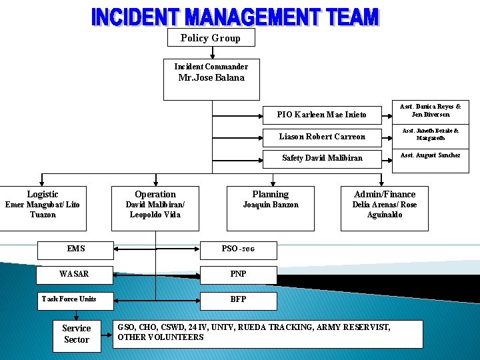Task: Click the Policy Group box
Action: tap(211, 38)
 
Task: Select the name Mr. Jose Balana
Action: tap(211, 78)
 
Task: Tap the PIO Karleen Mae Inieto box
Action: tap(322, 115)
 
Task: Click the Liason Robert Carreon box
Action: tap(322, 137)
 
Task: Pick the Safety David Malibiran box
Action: tap(322, 159)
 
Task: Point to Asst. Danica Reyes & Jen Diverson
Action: tap(430, 110)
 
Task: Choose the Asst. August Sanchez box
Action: tap(430, 155)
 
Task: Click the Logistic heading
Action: tap(43, 194)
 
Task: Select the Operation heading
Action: tap(155, 195)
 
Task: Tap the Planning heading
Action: tap(270, 195)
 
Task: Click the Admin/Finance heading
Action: tap(385, 195)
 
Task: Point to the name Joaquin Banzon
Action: tap(270, 205)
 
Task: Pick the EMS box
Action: tap(76, 249)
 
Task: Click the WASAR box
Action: tap(74, 274)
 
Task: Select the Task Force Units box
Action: tap(69, 299)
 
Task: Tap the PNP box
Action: tap(238, 274)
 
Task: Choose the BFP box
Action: tap(238, 299)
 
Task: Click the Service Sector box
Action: tap(76, 334)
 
